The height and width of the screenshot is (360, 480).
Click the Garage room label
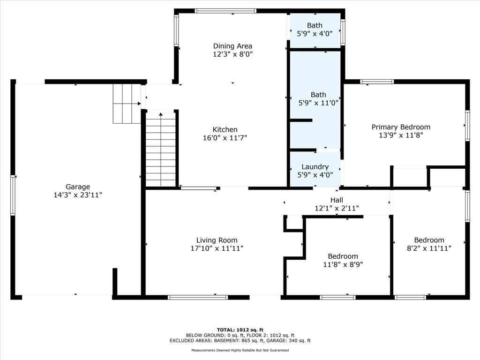78,187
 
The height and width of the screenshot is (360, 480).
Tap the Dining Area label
232,46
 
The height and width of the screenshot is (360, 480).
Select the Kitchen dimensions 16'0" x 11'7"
225,138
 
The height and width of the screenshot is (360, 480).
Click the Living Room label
217,240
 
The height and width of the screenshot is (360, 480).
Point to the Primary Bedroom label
401,127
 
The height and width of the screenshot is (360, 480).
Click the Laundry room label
315,167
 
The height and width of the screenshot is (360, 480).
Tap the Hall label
337,200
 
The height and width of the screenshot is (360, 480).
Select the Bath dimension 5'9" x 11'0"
318,103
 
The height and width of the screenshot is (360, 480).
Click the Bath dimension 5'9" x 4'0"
315,34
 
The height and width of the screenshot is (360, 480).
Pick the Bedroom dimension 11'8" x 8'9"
343,264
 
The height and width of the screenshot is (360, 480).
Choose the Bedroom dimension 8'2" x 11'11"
429,248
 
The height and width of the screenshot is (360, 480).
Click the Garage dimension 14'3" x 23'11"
78,195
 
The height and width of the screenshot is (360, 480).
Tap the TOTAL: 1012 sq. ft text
240,330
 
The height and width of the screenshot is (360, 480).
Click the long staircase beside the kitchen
161,149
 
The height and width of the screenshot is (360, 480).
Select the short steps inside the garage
127,104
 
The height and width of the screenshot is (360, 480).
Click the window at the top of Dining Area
225,11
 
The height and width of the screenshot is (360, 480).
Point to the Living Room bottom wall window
198,297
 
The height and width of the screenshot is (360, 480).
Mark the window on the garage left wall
13,195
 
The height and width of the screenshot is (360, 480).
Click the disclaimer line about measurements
240,350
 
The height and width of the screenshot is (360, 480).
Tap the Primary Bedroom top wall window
377,82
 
